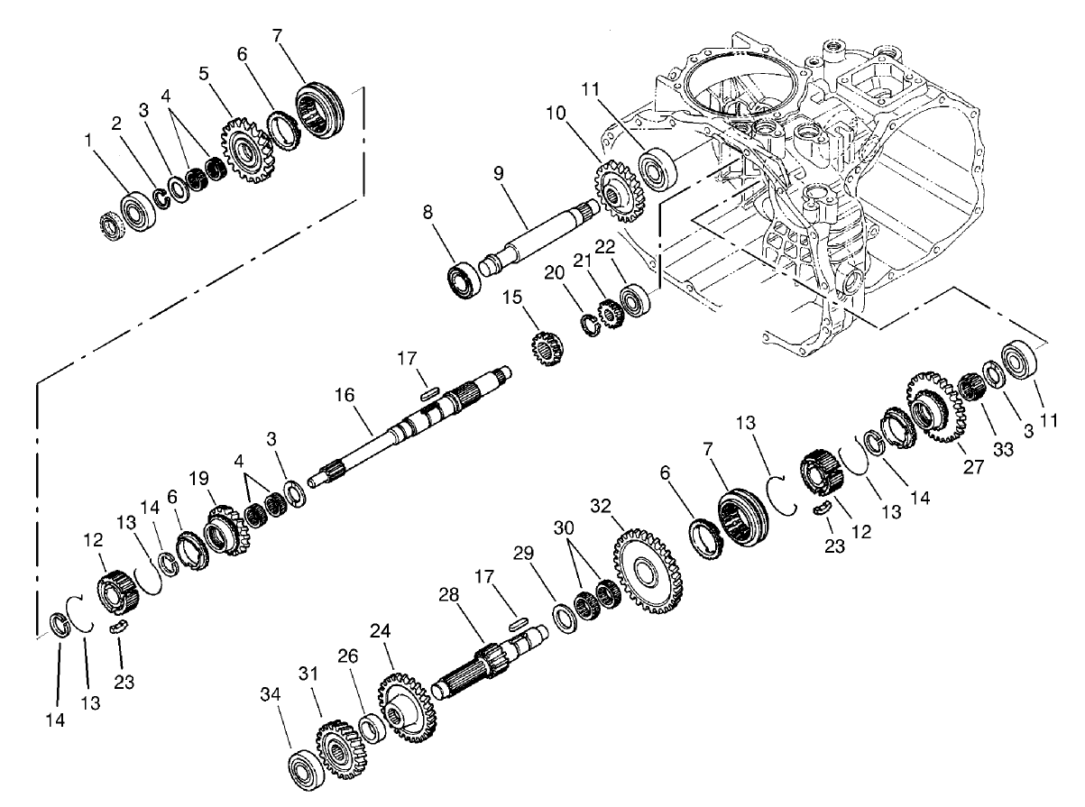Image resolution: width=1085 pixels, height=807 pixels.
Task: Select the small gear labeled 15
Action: click(544, 346)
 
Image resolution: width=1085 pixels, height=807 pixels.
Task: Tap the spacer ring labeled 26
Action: click(370, 726)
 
